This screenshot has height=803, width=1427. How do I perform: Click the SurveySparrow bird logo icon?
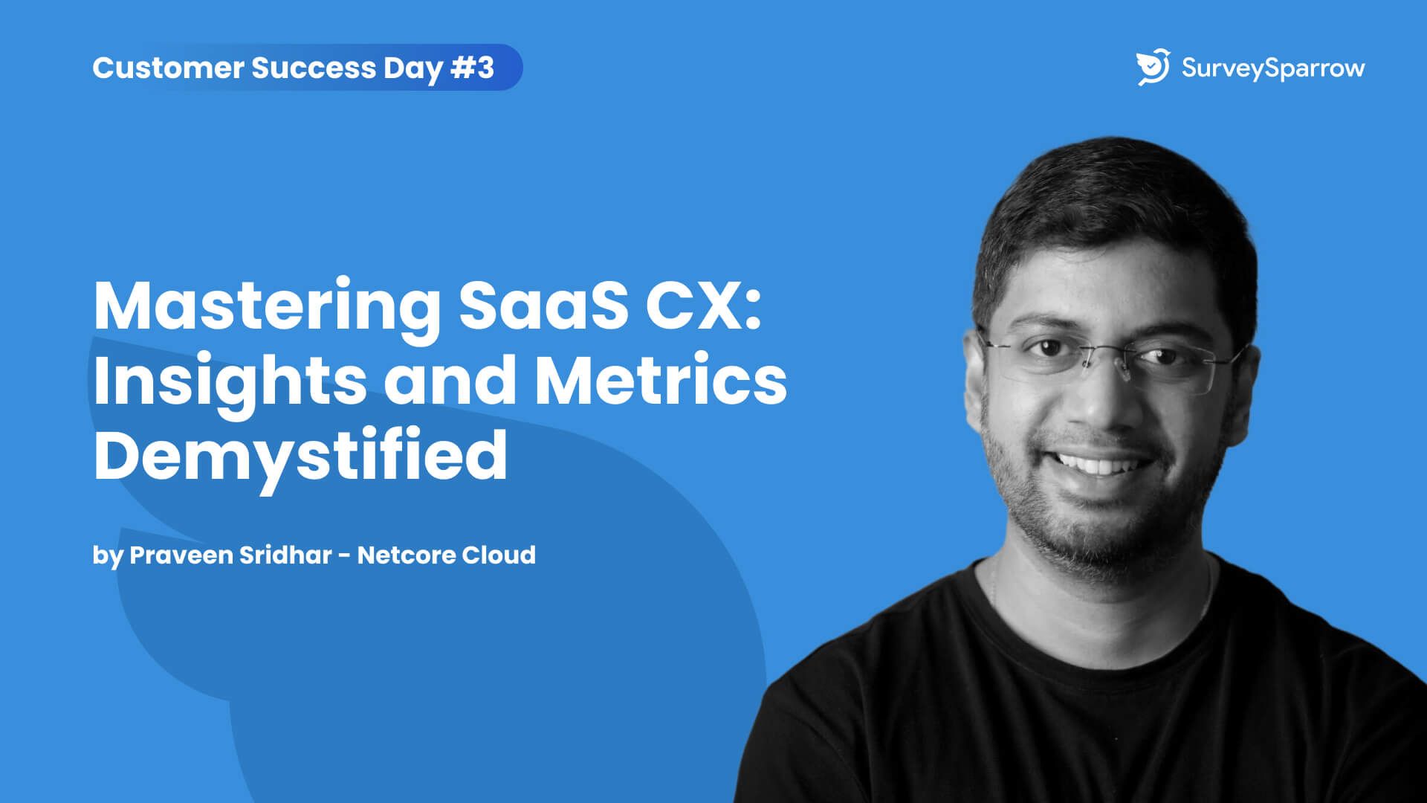click(x=1153, y=67)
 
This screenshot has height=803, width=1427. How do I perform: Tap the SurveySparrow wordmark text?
click(x=1273, y=68)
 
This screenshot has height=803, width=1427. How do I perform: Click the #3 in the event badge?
click(x=473, y=68)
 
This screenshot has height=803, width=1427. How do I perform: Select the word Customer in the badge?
click(x=168, y=68)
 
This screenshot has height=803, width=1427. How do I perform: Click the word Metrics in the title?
click(x=661, y=380)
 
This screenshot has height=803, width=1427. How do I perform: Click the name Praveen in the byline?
click(x=181, y=555)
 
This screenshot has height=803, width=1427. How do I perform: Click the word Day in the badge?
click(x=413, y=69)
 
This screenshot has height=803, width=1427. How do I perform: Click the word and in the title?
click(x=451, y=380)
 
